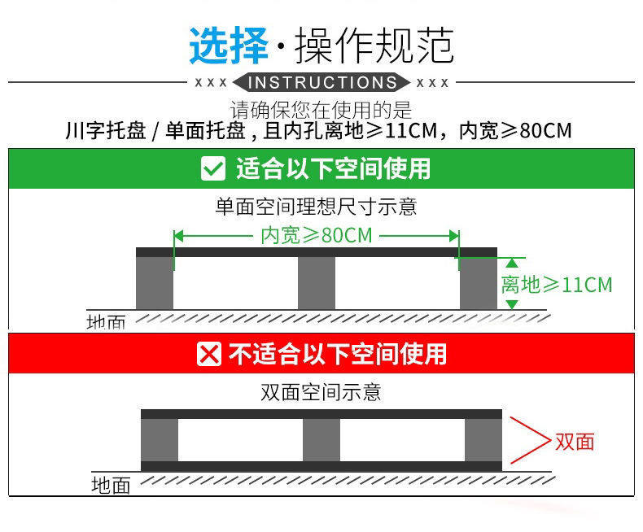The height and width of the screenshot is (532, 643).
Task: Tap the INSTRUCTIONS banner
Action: pos(321,83)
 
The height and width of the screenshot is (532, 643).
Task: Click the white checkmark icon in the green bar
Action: pos(212,169)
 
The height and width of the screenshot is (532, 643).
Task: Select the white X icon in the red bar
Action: pos(210,355)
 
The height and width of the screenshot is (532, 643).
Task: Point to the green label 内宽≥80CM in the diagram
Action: pos(316,236)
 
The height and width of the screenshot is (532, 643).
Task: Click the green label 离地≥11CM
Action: pos(556,285)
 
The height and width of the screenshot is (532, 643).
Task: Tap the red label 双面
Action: pos(575,442)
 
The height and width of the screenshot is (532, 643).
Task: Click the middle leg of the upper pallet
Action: pos(317,283)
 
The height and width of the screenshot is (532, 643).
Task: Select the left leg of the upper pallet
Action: pos(154,283)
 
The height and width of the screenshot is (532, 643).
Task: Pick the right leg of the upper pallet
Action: pos(479,283)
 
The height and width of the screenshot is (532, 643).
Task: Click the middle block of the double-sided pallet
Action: pos(321,440)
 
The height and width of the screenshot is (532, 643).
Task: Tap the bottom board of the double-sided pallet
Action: pos(321,466)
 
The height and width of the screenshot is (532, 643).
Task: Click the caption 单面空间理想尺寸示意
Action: pos(316,207)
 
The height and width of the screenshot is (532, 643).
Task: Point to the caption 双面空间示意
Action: pos(321,393)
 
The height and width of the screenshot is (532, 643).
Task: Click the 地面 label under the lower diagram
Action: pos(111,486)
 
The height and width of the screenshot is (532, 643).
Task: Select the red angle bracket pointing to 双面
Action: pos(529,442)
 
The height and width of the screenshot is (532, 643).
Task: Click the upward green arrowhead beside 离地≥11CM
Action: pos(511,262)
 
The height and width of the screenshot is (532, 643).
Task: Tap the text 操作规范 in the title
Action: pos(373,46)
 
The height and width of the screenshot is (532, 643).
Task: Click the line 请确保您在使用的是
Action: pos(321,110)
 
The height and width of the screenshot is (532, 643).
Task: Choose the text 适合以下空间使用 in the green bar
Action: pos(333,169)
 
